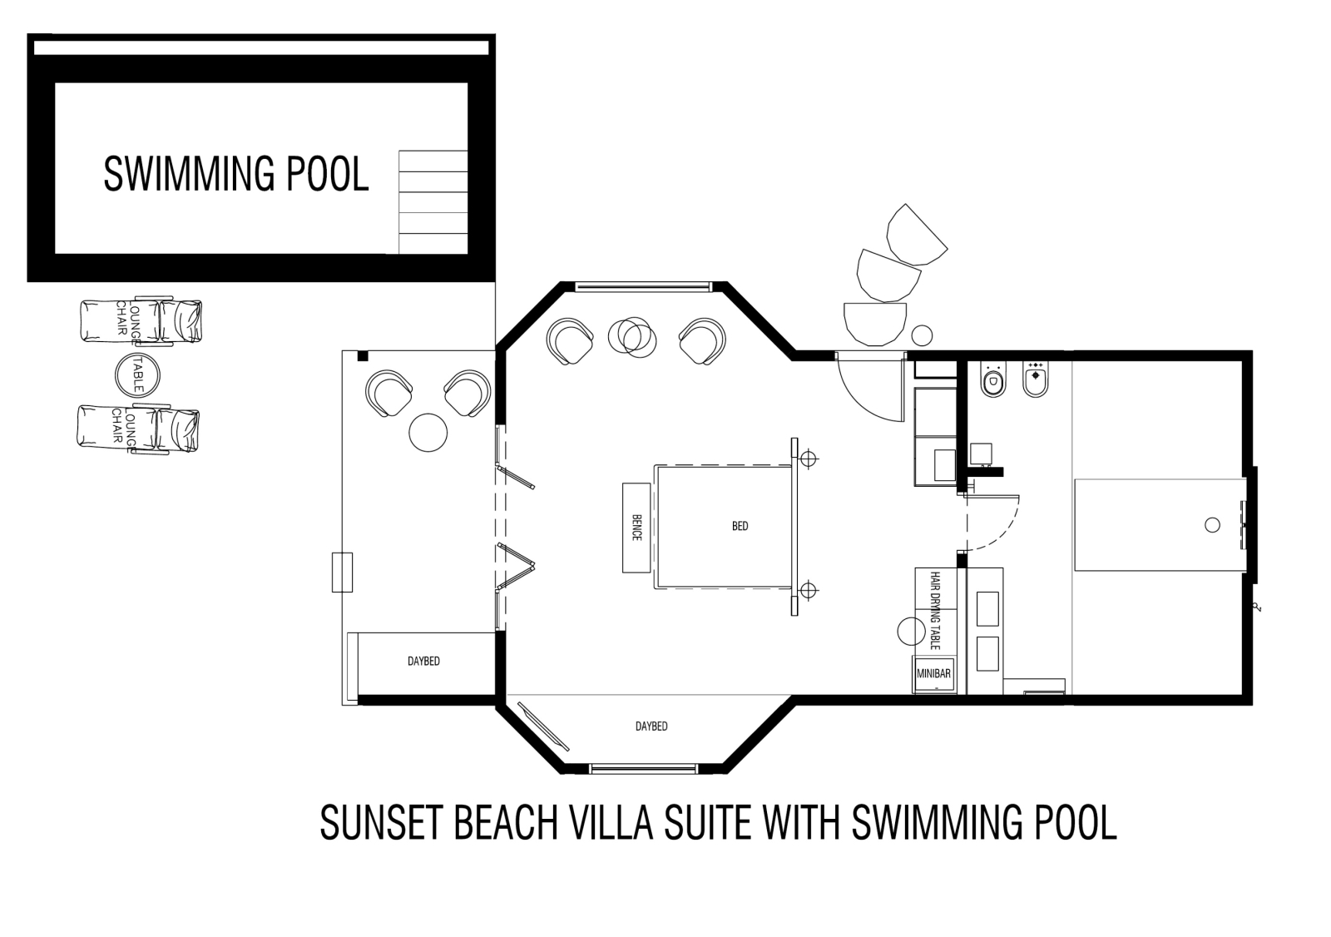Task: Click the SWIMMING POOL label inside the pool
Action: point(236,174)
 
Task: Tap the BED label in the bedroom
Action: point(740,526)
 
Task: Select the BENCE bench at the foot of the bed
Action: point(636,528)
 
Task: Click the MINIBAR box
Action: point(933,674)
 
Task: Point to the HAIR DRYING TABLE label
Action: point(935,611)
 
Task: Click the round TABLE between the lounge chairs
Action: point(137,374)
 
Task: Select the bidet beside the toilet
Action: point(1035,380)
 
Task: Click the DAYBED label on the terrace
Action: point(423,661)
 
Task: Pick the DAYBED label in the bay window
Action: point(651,726)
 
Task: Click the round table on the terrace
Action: point(428,432)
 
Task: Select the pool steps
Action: point(433,202)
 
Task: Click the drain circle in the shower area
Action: point(1212,525)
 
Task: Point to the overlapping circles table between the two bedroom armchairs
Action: point(632,337)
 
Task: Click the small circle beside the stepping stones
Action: point(923,335)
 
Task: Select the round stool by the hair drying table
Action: point(911,632)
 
